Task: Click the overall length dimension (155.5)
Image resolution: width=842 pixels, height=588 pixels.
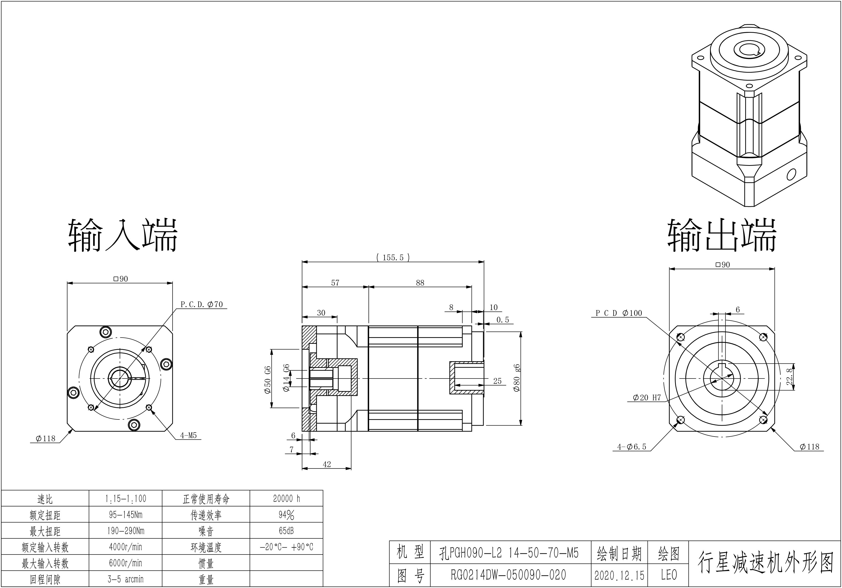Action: pyautogui.click(x=393, y=257)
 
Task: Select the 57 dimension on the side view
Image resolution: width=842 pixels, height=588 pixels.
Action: pyautogui.click(x=335, y=283)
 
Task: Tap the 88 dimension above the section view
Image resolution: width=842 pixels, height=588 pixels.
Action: pyautogui.click(x=420, y=283)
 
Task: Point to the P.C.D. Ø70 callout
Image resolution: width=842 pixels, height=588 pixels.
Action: pyautogui.click(x=202, y=304)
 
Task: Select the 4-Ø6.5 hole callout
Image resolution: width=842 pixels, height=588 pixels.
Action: pyautogui.click(x=631, y=447)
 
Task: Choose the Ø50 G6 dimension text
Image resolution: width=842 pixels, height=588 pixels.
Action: pyautogui.click(x=268, y=380)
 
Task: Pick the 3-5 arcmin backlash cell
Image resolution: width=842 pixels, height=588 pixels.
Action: pyautogui.click(x=125, y=579)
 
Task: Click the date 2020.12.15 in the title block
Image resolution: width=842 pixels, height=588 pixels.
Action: pyautogui.click(x=619, y=575)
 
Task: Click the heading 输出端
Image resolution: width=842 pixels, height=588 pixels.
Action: pyautogui.click(x=722, y=236)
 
